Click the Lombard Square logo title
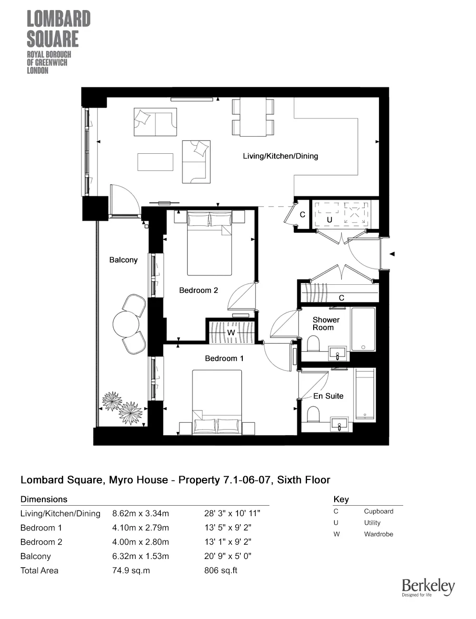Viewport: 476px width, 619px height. coord(58,29)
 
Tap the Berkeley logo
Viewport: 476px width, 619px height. coord(428,587)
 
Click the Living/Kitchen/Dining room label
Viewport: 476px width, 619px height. coord(280,156)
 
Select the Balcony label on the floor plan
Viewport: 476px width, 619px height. coord(123,260)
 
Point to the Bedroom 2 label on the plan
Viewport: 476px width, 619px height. coord(198,290)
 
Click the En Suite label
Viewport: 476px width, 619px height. coord(328,396)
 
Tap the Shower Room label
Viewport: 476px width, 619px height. coord(326,324)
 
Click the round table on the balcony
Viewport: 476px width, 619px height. coord(126,324)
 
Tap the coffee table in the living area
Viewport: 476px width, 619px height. coord(156,162)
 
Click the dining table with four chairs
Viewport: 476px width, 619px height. coord(253,117)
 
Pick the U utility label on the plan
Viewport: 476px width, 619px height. coord(329,220)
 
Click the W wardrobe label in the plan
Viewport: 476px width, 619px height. coord(231,332)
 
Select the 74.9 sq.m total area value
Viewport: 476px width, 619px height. coord(131,570)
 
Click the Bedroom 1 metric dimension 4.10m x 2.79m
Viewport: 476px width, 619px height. coord(140,528)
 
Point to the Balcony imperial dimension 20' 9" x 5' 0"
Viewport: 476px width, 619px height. coord(228,556)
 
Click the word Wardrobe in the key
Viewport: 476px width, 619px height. coord(378,534)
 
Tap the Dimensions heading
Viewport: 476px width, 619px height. coord(44,499)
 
